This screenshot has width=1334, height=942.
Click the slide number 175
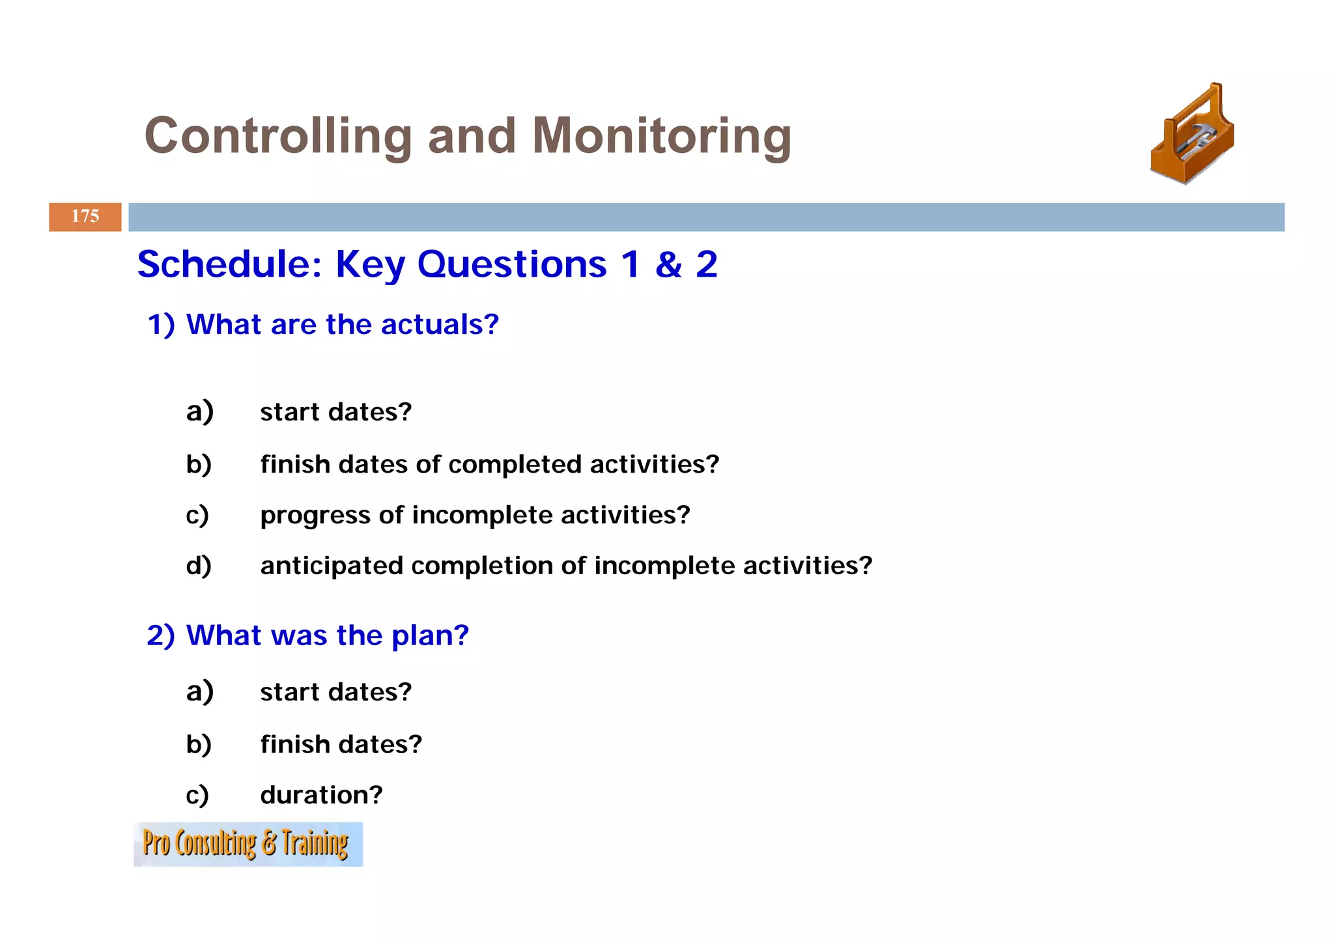coord(85,216)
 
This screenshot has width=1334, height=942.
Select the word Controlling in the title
coord(278,136)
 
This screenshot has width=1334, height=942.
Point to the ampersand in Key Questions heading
coord(668,265)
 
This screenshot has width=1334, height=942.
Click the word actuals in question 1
coord(440,324)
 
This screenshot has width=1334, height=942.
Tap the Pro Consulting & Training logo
coord(248,844)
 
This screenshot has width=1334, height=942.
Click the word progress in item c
coord(315,516)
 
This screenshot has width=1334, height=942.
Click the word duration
coord(321,795)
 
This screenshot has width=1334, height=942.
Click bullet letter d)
coord(198,565)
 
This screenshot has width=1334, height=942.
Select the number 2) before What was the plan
coord(160,635)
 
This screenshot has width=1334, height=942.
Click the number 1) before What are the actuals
coord(161,324)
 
